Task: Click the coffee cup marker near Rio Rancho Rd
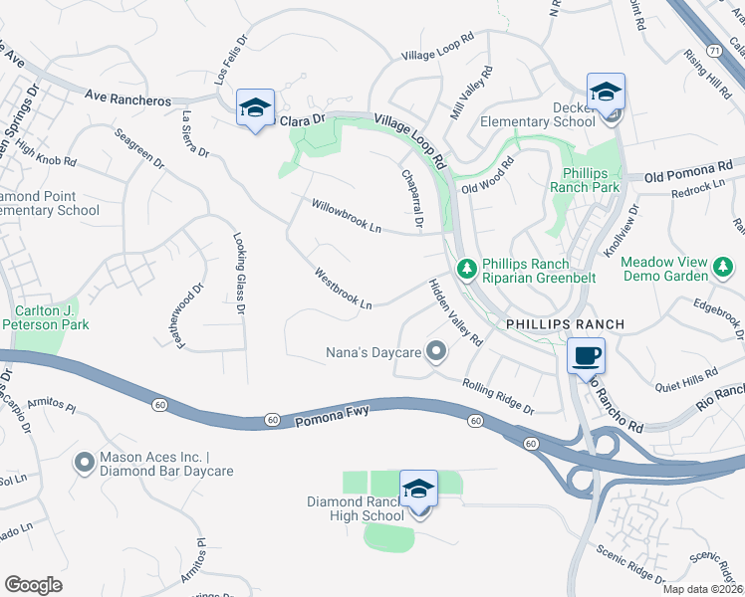point(585,355)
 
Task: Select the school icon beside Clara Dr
point(254,107)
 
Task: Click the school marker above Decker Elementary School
point(605,93)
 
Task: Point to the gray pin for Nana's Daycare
point(435,351)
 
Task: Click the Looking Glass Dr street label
point(239,274)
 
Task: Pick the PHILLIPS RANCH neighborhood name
point(565,324)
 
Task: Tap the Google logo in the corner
point(33,584)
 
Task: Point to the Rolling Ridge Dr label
point(498,395)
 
